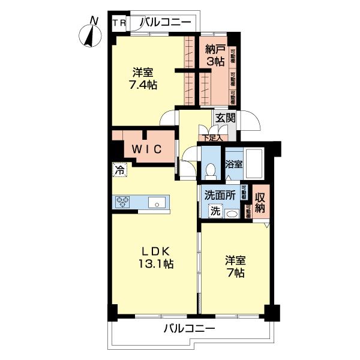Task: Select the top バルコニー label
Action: click(165, 23)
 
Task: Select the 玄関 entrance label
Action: click(225, 118)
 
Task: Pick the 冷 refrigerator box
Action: click(119, 170)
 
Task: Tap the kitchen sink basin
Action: click(157, 203)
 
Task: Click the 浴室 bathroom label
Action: click(234, 163)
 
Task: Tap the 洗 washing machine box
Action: click(215, 211)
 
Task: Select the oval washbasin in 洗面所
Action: click(232, 213)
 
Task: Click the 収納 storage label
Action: click(260, 203)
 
